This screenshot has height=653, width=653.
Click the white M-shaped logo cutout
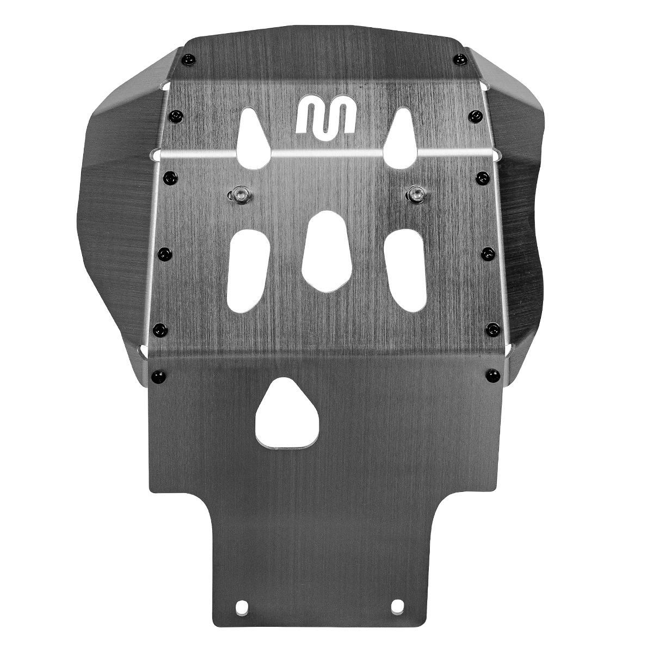[x=326, y=116]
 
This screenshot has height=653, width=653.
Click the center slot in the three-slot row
[x=326, y=250]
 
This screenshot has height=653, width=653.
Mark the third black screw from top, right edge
[x=482, y=176]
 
